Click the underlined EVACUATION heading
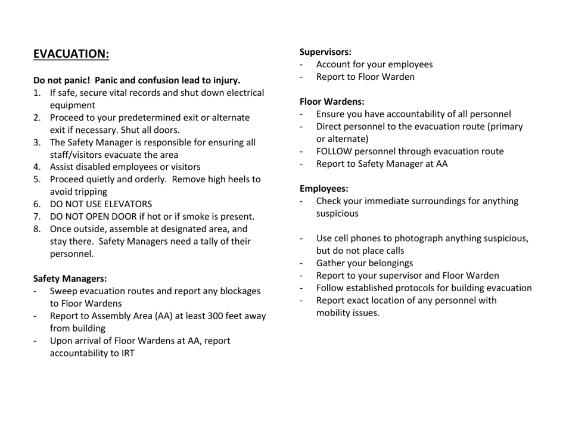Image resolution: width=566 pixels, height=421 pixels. pyautogui.click(x=71, y=54)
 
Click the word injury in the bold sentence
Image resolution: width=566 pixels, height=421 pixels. pyautogui.click(x=225, y=80)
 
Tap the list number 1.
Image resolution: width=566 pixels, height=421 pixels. pyautogui.click(x=36, y=93)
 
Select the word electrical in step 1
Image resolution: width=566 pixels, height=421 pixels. pyautogui.click(x=241, y=93)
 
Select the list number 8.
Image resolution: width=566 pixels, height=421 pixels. pyautogui.click(x=36, y=229)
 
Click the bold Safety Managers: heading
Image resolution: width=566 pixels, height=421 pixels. pyautogui.click(x=70, y=278)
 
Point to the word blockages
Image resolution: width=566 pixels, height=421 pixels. pyautogui.click(x=238, y=291)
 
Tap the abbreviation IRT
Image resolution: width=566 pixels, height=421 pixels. pyautogui.click(x=126, y=353)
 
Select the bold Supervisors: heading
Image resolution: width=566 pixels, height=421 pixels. pyautogui.click(x=325, y=52)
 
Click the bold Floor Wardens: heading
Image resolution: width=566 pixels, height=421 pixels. pyautogui.click(x=331, y=101)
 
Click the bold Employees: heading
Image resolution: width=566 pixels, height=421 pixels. pyautogui.click(x=324, y=189)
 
